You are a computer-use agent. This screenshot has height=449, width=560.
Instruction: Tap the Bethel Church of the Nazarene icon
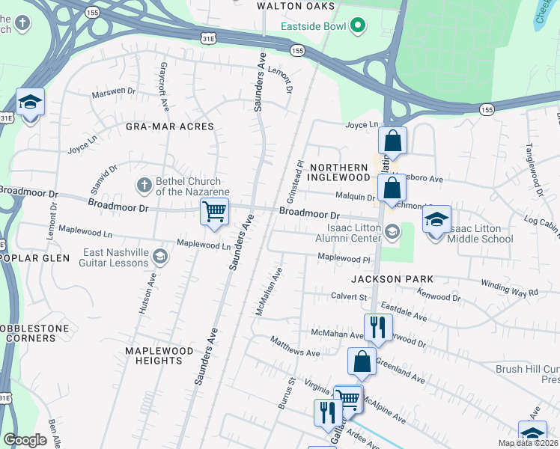144,183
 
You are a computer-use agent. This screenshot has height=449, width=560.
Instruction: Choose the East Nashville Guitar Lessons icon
159,257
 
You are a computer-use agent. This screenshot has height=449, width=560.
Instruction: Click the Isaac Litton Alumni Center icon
392,230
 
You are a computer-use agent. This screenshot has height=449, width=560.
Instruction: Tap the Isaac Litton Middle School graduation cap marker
436,219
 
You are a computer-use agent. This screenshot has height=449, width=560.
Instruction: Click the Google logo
25,440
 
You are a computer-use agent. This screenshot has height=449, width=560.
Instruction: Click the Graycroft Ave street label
162,83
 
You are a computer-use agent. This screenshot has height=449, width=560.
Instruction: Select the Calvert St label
348,296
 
